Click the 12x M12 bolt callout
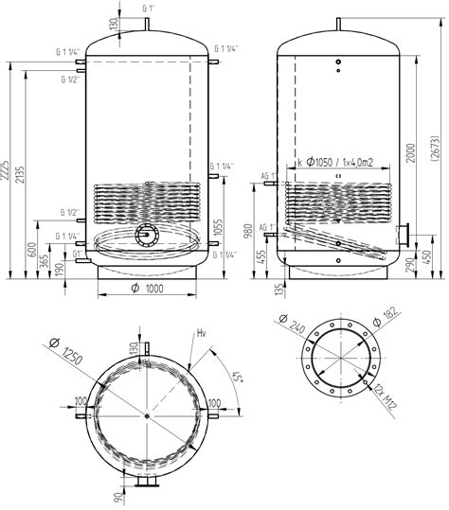(x=386, y=396)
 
